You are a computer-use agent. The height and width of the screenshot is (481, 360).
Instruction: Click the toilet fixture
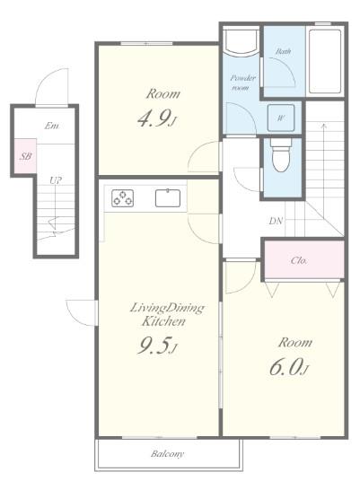pyautogui.click(x=281, y=155)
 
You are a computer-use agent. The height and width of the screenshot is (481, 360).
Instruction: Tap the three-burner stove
pyautogui.click(x=122, y=198)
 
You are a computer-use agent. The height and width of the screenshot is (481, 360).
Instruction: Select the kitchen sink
pyautogui.click(x=168, y=198)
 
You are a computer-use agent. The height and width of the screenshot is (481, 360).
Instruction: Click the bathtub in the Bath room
pyautogui.click(x=325, y=61)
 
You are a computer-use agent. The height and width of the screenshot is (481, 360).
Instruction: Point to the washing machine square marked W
pyautogui.click(x=280, y=118)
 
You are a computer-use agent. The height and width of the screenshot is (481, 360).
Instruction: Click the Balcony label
pyautogui.click(x=168, y=454)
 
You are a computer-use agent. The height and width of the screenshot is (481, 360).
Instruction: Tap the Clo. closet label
pyautogui.click(x=298, y=261)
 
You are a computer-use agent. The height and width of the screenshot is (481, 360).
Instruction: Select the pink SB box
pyautogui.click(x=25, y=156)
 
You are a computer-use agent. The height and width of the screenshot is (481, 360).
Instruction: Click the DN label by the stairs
pyautogui.click(x=276, y=221)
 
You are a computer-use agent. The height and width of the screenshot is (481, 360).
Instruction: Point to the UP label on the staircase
pyautogui.click(x=56, y=180)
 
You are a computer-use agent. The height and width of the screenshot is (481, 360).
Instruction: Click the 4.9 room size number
pyautogui.click(x=156, y=119)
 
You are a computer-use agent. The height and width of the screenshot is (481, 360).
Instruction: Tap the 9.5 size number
pyautogui.click(x=157, y=346)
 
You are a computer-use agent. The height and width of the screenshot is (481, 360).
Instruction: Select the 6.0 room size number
pyautogui.click(x=289, y=368)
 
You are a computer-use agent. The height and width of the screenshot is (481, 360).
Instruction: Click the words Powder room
pyautogui.click(x=242, y=83)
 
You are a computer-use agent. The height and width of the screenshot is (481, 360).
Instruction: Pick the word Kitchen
pyautogui.click(x=163, y=321)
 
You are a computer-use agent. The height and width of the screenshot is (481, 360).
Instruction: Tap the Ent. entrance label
pyautogui.click(x=51, y=126)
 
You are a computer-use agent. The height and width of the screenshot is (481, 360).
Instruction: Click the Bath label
pyautogui.click(x=283, y=51)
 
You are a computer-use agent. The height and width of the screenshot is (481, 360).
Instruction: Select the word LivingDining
pyautogui.click(x=167, y=308)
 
